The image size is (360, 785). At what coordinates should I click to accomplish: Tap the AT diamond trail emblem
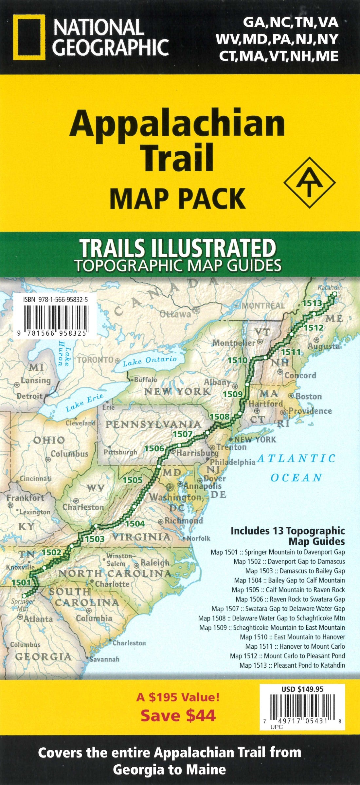point(310,183)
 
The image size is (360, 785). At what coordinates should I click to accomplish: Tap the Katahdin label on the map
point(330,287)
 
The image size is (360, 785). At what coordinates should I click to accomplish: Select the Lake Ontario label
point(150,361)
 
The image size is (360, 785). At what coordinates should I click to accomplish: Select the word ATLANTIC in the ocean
point(296,458)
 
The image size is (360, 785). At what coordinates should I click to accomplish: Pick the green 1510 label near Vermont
point(238,361)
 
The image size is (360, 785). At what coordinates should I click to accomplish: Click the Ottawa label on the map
point(175,314)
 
